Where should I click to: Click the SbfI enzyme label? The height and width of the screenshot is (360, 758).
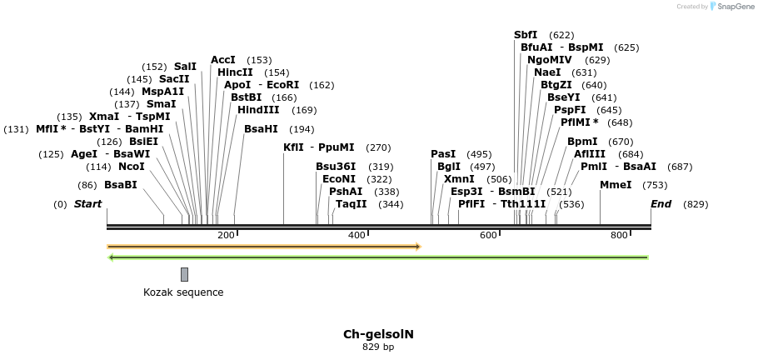[x=526, y=35]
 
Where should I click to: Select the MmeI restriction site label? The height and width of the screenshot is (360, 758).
[x=616, y=185]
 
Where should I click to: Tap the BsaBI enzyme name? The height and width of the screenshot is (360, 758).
[x=120, y=185]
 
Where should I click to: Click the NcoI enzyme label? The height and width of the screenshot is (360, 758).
[x=132, y=167]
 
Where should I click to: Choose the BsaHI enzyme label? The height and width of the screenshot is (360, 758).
[x=261, y=129]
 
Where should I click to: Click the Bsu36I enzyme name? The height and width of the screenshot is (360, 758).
[x=336, y=167]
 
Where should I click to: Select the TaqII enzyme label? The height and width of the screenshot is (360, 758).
[x=352, y=204]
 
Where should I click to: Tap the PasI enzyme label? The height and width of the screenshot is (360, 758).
[x=443, y=154]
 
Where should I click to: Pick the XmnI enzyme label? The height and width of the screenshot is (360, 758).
[x=459, y=179]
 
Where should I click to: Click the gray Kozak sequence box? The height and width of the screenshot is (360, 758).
[x=184, y=274]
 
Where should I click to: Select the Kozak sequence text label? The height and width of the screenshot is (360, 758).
[x=183, y=292]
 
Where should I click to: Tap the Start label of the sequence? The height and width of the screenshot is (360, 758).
[x=87, y=204]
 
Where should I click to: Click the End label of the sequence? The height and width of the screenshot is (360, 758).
[x=661, y=204]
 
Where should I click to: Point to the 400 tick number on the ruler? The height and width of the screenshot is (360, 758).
[x=357, y=236]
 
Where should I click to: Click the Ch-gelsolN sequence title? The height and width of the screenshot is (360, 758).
[x=378, y=334]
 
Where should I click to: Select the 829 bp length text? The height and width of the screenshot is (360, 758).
[x=378, y=347]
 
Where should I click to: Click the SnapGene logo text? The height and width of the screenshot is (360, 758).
[x=737, y=7]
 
